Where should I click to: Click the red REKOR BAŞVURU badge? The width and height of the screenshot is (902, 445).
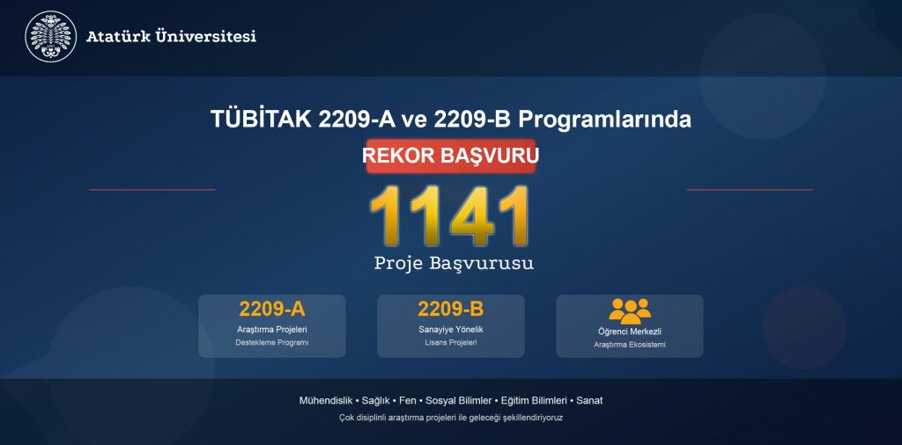450,155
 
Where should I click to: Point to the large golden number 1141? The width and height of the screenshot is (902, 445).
450,215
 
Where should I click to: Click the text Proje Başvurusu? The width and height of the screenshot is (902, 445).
454,263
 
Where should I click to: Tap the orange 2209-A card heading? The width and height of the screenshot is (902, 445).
271,309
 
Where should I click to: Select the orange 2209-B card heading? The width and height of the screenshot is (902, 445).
450,309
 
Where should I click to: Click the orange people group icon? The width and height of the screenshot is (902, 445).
630,310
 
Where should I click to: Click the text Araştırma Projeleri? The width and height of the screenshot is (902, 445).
271,329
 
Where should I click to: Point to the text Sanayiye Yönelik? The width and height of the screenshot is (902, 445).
450,329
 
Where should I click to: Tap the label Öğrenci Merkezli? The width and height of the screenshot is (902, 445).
630,332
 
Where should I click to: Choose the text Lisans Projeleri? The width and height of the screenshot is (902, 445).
450,342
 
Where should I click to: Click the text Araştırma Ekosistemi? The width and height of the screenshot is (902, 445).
630,345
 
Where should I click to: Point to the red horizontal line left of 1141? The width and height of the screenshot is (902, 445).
152,189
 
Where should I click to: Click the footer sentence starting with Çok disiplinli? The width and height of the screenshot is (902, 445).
450,418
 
